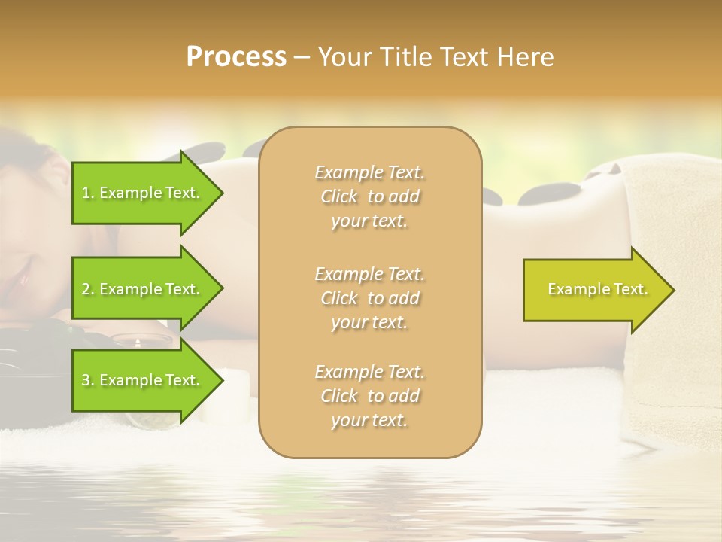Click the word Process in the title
[x=235, y=56]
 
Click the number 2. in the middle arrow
[x=88, y=289]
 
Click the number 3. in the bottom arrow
[x=88, y=380]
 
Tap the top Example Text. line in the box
[x=369, y=172]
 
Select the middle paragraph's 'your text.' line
[x=369, y=322]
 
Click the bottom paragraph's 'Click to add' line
[x=369, y=396]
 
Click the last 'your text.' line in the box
[x=369, y=420]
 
